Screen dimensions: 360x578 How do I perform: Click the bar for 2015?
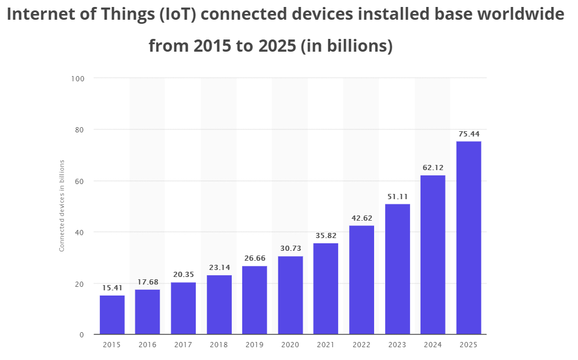tap(112, 315)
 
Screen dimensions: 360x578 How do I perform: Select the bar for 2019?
tap(254, 300)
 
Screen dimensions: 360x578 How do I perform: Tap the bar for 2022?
tap(361, 280)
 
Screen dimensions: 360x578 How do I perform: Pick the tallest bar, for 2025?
tap(468, 238)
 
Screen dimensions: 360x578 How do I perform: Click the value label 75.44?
tap(468, 134)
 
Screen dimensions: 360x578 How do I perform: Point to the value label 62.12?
tap(433, 168)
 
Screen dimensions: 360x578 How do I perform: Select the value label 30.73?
tap(290, 249)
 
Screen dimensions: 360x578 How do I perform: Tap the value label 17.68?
tap(148, 282)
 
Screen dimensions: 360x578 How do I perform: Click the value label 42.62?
tap(361, 218)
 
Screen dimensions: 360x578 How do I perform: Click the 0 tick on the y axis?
tap(82, 335)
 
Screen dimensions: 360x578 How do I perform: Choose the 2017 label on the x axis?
tap(183, 345)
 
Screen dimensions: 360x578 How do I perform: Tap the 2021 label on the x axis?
tap(325, 345)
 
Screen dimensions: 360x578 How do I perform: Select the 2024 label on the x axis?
tap(433, 345)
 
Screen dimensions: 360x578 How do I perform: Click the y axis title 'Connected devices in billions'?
tap(62, 206)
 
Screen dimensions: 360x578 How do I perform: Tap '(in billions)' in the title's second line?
tap(347, 45)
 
